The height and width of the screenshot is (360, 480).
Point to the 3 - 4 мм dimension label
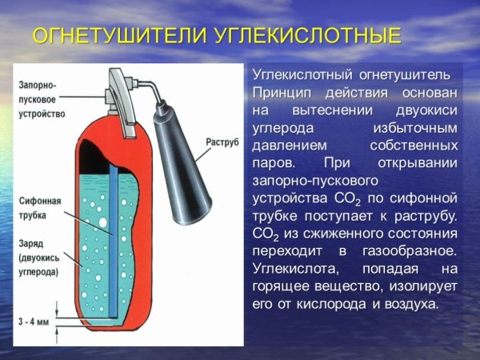(x=34, y=321)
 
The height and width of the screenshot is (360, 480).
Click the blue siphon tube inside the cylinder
(x=114, y=240)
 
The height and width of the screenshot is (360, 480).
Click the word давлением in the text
(x=290, y=145)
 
